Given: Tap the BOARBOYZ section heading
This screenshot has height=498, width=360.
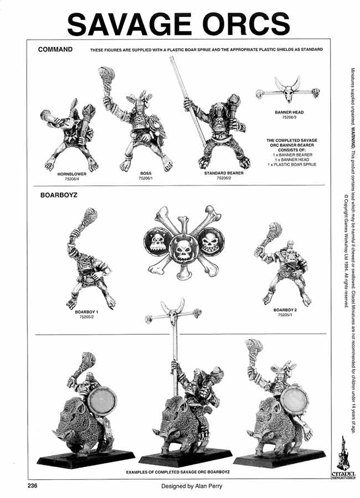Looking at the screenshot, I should (58, 196).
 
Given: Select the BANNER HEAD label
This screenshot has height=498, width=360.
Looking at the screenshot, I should (289, 112).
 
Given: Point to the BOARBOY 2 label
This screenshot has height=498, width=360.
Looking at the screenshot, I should (286, 310).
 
